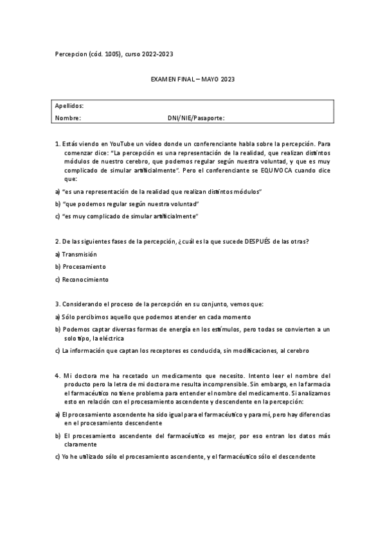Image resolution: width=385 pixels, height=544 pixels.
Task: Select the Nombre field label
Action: point(67,118)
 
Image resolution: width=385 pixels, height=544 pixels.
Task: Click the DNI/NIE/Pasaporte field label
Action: point(196,118)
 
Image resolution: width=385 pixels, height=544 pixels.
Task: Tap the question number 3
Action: point(57,304)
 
